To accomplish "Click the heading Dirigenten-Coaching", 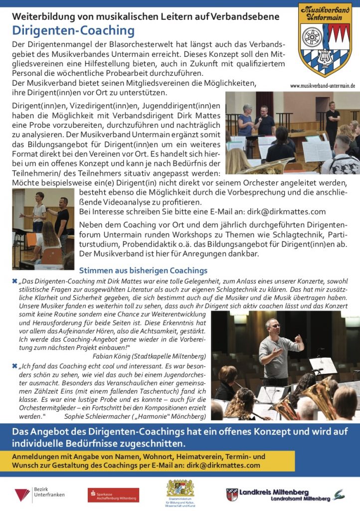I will point(73,31).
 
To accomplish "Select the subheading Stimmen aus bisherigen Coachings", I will point(143,270).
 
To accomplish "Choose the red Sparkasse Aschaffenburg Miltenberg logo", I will point(113,496).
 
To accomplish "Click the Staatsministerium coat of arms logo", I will point(180,489).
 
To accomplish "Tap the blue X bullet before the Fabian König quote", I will point(14,281).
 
